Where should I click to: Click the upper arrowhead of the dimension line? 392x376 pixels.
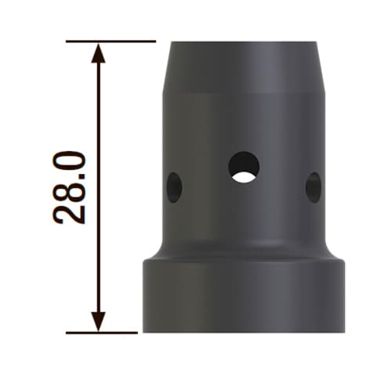98,53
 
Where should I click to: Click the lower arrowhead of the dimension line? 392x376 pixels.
98,321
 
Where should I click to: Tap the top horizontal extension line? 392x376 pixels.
111,42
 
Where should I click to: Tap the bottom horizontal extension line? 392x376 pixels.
102,333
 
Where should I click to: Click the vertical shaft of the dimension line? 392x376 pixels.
98,187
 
